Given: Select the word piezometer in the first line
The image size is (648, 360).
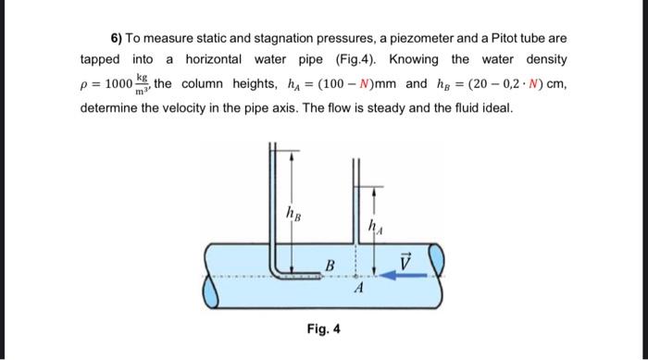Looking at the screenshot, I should tap(427, 39).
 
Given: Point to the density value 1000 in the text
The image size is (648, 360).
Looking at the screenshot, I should tap(118, 84).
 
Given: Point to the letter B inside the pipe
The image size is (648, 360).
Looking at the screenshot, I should tap(328, 265).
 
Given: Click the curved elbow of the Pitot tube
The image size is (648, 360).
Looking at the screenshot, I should tap(277, 268).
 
